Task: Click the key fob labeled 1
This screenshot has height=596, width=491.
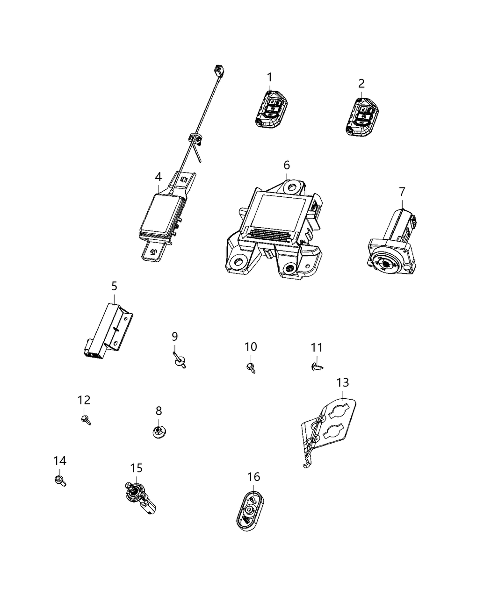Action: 271,109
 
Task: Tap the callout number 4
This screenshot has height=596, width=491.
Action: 158,177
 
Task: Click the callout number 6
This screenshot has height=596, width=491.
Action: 287,165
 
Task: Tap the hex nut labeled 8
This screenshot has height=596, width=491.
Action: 159,432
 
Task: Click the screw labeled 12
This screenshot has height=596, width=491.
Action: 86,419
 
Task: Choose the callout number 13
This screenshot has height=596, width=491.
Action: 343,383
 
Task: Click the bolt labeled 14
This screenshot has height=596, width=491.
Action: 60,481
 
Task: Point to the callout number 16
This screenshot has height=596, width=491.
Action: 253,477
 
